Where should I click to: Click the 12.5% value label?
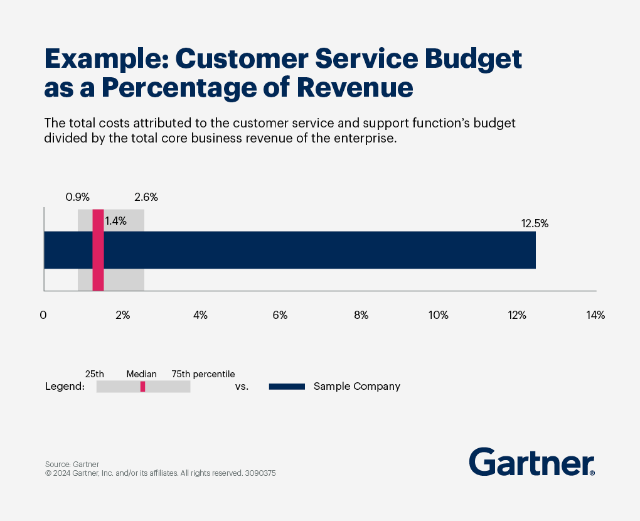point(535,223)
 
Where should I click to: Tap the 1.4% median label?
point(115,220)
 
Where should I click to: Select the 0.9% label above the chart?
point(77,197)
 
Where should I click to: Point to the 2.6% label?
point(146,197)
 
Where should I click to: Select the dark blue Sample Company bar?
point(314,250)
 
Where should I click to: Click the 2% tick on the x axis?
point(122,315)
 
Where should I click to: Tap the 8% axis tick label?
point(361,315)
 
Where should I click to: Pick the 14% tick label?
point(595,315)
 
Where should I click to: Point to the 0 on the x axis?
point(43,315)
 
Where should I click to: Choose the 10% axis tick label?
point(438,315)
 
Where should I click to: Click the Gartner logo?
point(531,462)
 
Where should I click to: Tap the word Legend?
point(65,387)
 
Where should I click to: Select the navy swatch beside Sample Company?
point(287,387)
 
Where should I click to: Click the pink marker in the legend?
point(142,387)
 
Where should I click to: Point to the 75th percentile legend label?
point(203,374)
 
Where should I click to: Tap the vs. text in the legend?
point(242,387)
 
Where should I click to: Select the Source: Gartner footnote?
point(72,465)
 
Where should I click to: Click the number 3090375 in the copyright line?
point(260,473)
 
